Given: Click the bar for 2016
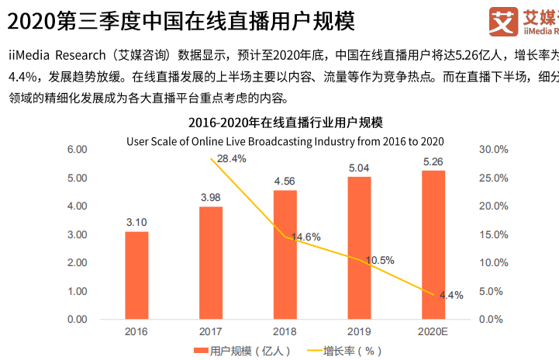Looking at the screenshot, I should (136, 275).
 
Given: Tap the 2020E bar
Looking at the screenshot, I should (433, 244).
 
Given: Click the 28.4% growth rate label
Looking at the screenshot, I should (232, 159).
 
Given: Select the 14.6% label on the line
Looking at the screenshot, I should (305, 237).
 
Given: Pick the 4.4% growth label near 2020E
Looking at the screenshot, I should (451, 295).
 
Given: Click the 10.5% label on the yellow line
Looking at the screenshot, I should (380, 260).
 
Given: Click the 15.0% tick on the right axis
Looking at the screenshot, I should (493, 234).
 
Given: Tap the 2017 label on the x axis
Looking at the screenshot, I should (211, 332).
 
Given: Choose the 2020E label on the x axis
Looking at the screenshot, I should (433, 332).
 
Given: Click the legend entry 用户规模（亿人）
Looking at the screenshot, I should (244, 351).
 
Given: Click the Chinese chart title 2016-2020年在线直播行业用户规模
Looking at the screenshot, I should (285, 123).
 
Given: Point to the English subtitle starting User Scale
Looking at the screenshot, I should (285, 140).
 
